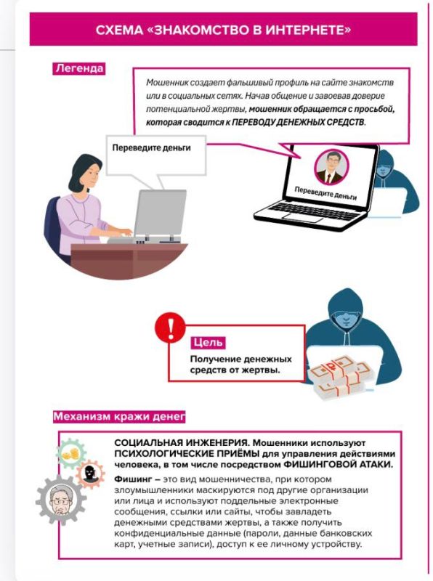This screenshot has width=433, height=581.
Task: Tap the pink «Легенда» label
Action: click(79, 68)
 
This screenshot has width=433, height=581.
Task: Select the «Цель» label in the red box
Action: click(208, 342)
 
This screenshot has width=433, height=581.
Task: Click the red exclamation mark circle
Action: click(170, 328)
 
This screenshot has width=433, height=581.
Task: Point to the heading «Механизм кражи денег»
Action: click(119, 416)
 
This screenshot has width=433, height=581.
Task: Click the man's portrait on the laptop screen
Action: click(331, 167)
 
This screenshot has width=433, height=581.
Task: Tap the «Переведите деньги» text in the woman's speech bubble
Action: click(151, 147)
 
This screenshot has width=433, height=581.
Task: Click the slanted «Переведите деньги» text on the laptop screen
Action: click(325, 193)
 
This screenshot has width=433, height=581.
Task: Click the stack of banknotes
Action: click(340, 376)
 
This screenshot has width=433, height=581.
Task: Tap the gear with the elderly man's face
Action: click(60, 500)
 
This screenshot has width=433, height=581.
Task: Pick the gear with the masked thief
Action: click(90, 474)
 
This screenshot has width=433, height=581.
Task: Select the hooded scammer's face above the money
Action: click(346, 318)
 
